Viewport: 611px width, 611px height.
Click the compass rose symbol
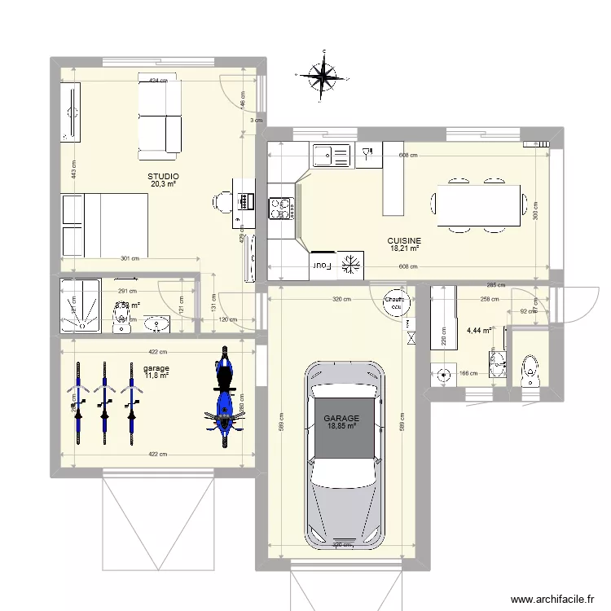coord(324,77)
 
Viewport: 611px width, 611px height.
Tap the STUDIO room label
coord(163,176)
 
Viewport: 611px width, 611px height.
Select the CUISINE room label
coord(404,240)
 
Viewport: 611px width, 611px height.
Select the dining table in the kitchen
coord(479,205)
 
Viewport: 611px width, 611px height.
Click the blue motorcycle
coord(222,397)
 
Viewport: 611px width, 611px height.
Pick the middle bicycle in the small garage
coord(104,399)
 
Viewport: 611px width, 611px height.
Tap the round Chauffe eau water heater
coord(396,302)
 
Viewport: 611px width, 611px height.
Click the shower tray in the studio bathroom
coord(81,306)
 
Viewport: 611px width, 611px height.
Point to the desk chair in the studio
coord(223,200)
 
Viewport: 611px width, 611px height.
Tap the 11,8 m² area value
coord(156,376)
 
